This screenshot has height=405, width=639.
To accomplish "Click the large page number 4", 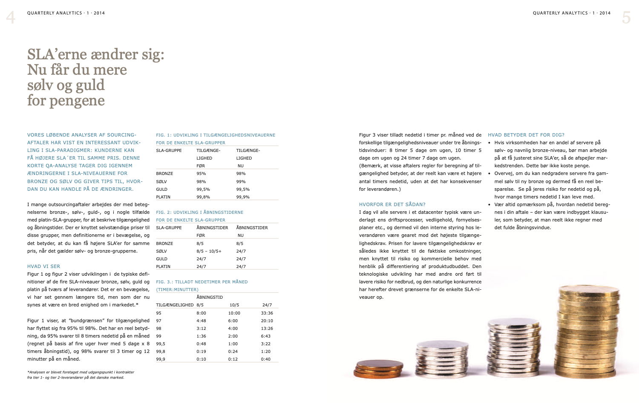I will [x=11, y=17].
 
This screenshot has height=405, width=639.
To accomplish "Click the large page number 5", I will [x=626, y=17].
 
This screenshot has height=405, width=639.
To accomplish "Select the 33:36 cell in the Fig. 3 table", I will [x=267, y=313].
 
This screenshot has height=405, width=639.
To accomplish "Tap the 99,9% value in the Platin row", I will [x=243, y=197].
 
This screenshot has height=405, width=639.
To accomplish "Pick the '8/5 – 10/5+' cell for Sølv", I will [x=209, y=251].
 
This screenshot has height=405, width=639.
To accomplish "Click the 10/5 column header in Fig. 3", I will [x=234, y=305].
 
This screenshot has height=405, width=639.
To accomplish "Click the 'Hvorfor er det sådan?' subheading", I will [x=392, y=204].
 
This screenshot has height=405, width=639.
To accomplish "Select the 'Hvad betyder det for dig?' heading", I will [x=526, y=135].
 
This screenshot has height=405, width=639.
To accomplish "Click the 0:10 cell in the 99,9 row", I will [x=201, y=359].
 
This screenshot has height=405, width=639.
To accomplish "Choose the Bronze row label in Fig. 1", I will [x=164, y=174].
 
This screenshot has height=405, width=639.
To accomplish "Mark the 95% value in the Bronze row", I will [x=201, y=174].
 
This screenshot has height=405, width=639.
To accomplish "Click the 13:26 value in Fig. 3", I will [x=267, y=328].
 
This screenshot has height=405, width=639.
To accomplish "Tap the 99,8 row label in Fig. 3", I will [x=161, y=351].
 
